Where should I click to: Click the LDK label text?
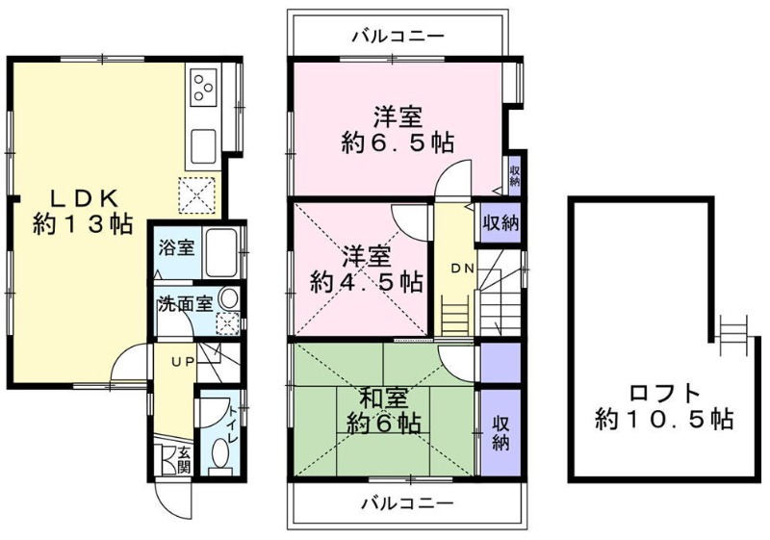[84, 197]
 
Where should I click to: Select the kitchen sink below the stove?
[205, 147]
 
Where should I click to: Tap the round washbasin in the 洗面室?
[228, 299]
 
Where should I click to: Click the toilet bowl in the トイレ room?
[220, 453]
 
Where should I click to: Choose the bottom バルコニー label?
[407, 502]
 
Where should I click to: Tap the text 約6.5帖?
[398, 142]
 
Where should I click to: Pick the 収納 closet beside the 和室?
[500, 431]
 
